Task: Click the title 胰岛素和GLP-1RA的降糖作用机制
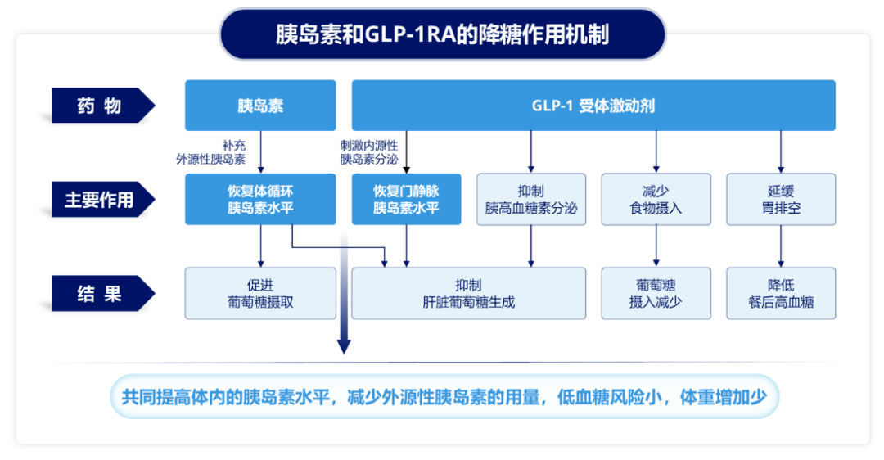(x=442, y=34)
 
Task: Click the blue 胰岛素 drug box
(x=260, y=106)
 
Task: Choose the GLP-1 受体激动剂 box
(x=593, y=106)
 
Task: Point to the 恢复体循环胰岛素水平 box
(x=260, y=199)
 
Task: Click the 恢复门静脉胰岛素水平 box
(x=406, y=199)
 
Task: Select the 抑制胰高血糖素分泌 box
(x=531, y=199)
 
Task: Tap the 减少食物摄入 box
(x=656, y=199)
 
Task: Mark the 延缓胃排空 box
(x=781, y=199)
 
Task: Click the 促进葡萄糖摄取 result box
(x=260, y=293)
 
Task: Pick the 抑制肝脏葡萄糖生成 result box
(x=468, y=293)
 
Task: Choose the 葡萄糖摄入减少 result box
(x=656, y=293)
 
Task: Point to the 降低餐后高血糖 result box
(x=781, y=293)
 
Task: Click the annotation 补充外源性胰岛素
(x=211, y=151)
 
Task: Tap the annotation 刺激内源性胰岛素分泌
(x=369, y=151)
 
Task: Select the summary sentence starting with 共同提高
(x=444, y=398)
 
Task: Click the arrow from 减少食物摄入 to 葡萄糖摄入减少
(x=656, y=246)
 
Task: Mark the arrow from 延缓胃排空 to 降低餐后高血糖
(x=781, y=246)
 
